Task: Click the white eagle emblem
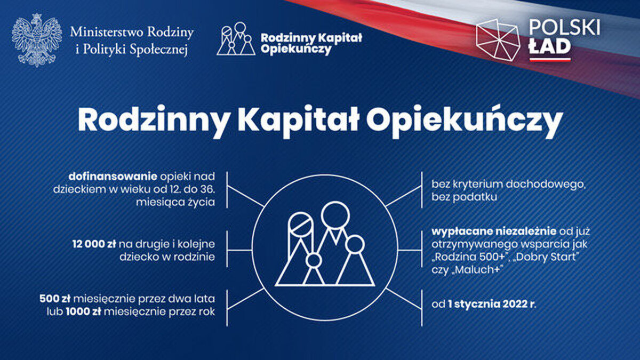[x=37, y=40]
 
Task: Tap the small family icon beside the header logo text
[x=236, y=38]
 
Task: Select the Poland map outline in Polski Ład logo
[x=498, y=40]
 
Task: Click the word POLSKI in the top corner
[x=564, y=28]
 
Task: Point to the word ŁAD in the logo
[x=550, y=46]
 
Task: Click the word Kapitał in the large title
[x=299, y=120]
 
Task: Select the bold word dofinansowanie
[x=113, y=177]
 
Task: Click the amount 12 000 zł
[x=94, y=244]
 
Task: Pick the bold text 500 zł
[x=55, y=299]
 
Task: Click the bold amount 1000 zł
[x=83, y=311]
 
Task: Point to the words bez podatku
[x=465, y=197]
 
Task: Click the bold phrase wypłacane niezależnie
[x=494, y=231]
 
